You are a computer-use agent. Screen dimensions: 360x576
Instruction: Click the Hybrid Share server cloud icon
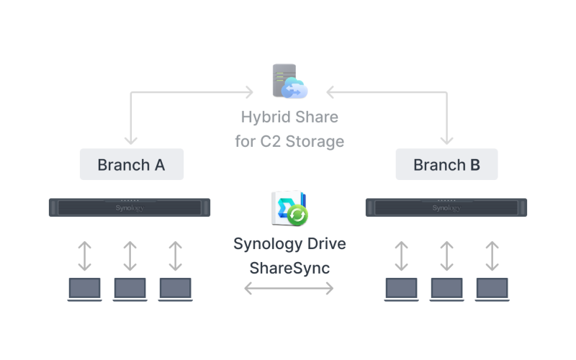click(x=289, y=81)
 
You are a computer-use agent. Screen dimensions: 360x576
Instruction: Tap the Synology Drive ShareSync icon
click(x=289, y=209)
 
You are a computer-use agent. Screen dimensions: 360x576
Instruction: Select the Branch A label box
click(x=131, y=165)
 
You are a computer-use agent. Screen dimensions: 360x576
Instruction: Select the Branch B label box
click(x=446, y=165)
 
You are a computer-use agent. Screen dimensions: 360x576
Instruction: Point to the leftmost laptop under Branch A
click(x=85, y=289)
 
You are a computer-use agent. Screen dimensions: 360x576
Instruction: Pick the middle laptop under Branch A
click(x=130, y=289)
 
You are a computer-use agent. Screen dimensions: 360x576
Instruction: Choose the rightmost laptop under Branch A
click(x=175, y=289)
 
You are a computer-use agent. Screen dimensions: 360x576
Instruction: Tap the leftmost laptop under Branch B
click(x=402, y=289)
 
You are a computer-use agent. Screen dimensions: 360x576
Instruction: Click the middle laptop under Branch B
click(x=447, y=289)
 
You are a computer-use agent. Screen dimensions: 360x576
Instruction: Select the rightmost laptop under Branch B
click(x=492, y=289)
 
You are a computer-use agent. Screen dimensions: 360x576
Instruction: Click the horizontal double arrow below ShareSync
click(x=289, y=289)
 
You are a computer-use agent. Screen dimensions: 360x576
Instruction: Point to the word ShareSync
click(x=289, y=268)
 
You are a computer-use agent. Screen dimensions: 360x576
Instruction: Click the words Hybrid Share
click(x=289, y=117)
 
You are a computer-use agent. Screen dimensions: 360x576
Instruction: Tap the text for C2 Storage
click(x=289, y=140)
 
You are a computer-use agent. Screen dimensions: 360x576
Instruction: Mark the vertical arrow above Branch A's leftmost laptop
click(x=85, y=256)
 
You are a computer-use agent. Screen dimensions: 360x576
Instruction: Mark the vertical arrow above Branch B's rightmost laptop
click(x=492, y=256)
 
